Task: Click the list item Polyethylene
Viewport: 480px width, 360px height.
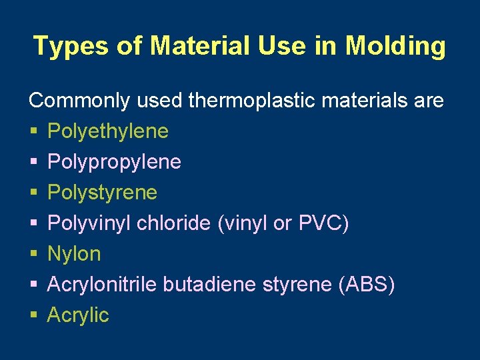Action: tap(108, 132)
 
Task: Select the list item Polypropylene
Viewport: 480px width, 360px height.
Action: tap(114, 163)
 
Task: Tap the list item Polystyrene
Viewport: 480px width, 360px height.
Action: tap(102, 193)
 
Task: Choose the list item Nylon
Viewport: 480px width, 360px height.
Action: tap(74, 255)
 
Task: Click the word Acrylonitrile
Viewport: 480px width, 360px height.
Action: tap(103, 285)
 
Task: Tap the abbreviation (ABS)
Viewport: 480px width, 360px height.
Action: tap(367, 285)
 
